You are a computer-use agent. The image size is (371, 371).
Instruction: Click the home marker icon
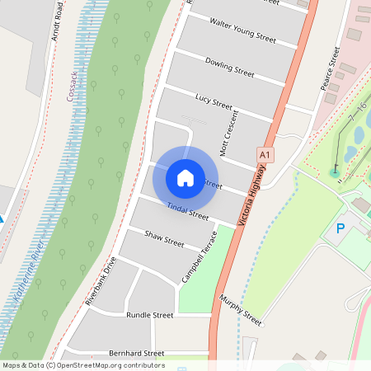coord(185,177)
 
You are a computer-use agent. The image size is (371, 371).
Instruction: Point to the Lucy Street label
coord(214,101)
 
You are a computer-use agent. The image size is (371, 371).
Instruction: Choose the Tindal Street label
coord(188,211)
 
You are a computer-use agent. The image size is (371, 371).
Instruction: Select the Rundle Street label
coord(149,315)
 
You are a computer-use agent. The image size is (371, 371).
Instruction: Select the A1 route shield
coord(265,154)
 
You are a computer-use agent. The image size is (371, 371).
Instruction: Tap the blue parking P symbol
coord(340,228)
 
